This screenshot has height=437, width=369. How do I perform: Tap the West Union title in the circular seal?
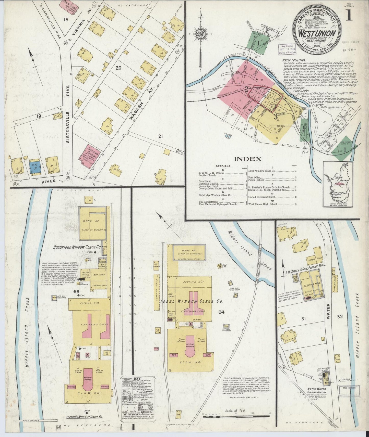[317, 34]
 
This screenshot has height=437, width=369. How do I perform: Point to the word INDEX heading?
[248, 159]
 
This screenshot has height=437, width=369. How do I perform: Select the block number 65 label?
[76, 292]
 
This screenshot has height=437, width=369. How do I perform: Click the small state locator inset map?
[338, 184]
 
